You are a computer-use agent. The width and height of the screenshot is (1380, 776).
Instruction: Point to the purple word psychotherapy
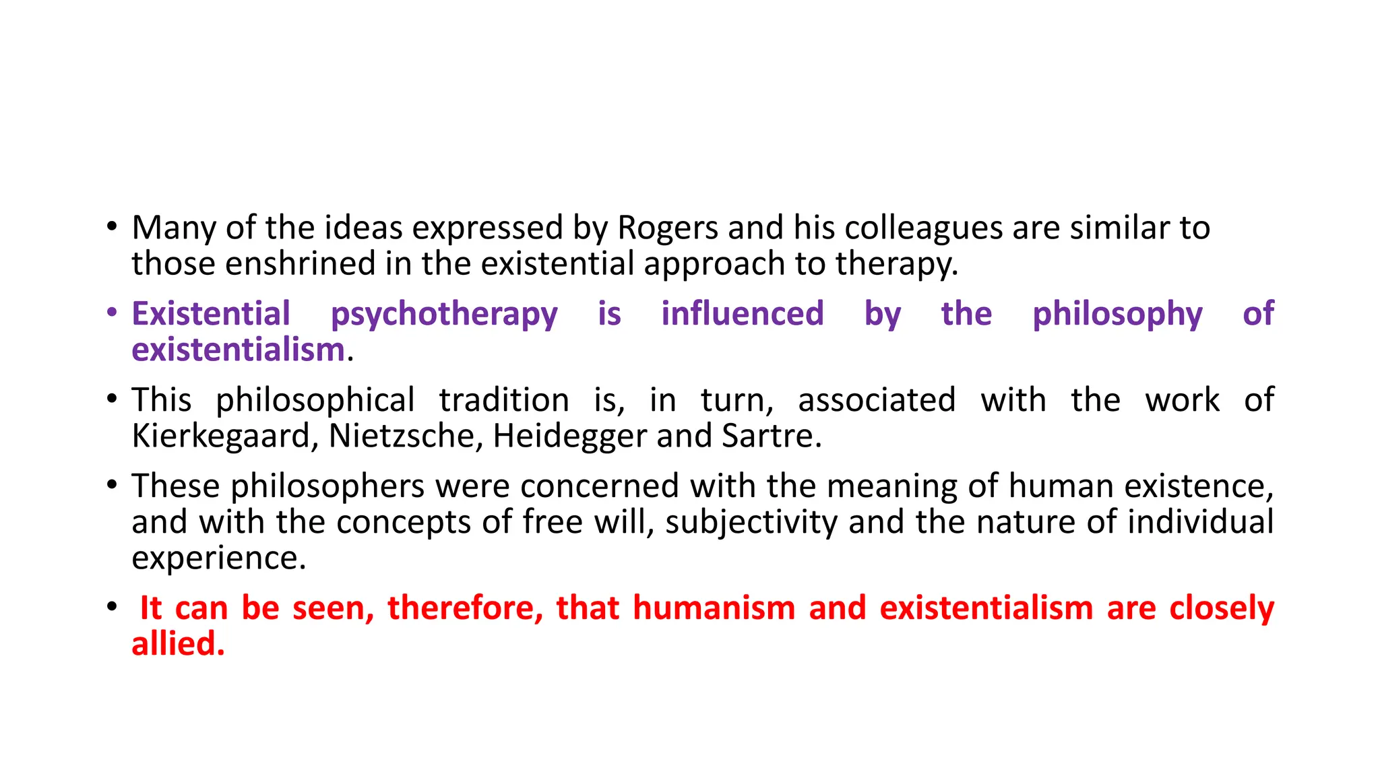point(444,315)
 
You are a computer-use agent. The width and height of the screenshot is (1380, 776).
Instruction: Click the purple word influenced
point(742,314)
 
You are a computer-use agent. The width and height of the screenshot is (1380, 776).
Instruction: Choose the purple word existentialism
point(238,350)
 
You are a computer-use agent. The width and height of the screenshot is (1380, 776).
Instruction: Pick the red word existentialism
point(986,608)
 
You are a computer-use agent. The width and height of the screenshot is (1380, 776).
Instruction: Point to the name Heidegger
point(569,436)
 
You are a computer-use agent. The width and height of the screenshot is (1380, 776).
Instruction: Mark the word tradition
point(503,400)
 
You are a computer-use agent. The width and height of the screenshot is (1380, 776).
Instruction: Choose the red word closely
point(1221,608)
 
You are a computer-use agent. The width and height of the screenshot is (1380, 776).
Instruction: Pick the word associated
point(877,400)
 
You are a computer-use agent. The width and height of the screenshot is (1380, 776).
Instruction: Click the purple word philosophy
point(1117,315)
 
